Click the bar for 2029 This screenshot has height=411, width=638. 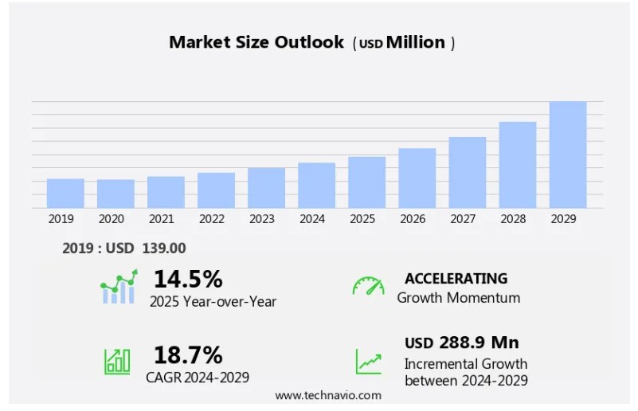tap(568, 155)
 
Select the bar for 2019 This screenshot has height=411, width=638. tap(65, 194)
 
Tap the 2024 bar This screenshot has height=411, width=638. tap(316, 186)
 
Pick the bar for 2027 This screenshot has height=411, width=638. tap(467, 173)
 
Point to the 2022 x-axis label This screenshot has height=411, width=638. tap(211, 219)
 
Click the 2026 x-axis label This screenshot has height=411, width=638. tap(412, 219)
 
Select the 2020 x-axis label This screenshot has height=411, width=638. tap(111, 219)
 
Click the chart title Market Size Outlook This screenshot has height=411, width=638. tap(256, 43)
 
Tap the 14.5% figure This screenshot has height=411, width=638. tap(188, 279)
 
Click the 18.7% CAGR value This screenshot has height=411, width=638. tap(188, 354)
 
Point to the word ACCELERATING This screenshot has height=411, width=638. tap(456, 279)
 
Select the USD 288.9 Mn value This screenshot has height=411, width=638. tap(461, 342)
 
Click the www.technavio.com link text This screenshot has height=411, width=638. tap(328, 395)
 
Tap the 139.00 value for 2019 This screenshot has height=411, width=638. tap(164, 249)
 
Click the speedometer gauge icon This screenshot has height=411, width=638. tap(368, 286)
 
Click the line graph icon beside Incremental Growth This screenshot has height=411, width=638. tap(368, 362)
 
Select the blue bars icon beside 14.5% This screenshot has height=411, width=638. tap(118, 288)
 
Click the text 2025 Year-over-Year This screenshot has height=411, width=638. tap(213, 301)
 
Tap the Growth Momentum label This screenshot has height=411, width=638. tap(459, 298)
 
